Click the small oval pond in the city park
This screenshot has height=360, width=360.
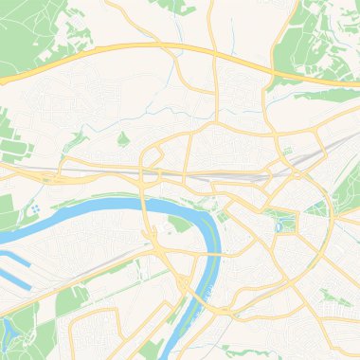[280, 224]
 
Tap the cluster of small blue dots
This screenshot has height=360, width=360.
[34, 207]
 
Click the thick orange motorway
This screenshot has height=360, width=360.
[142, 47]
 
